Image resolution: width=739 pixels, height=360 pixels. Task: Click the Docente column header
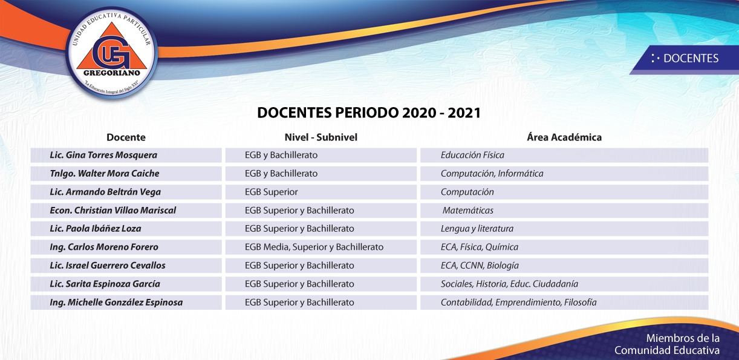point(126,137)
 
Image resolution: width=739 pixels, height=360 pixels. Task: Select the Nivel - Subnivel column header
point(321,137)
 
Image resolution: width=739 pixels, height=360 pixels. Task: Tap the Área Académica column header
point(564,137)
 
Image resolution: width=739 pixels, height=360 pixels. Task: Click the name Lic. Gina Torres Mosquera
point(103,155)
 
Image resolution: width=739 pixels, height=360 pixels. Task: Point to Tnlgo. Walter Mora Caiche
point(104,174)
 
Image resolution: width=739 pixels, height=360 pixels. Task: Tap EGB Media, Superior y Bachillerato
point(314,247)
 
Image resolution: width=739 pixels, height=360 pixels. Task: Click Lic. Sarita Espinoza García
point(105,284)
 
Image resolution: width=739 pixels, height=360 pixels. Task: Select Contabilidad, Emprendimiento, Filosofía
point(519,303)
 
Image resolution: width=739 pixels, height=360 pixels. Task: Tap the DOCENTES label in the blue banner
point(691,59)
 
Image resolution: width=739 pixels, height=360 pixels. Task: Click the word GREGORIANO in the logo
point(112,73)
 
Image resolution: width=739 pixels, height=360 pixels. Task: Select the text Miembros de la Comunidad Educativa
point(667,344)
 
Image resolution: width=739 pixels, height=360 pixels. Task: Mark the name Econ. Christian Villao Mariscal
point(113,211)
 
